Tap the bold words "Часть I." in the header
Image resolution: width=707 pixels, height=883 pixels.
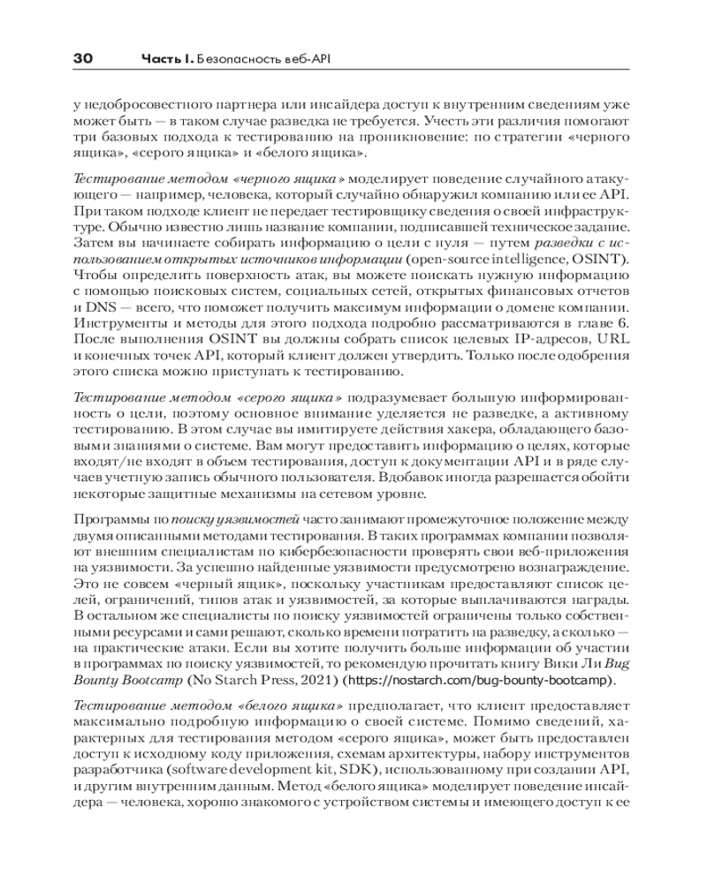click(168, 59)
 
